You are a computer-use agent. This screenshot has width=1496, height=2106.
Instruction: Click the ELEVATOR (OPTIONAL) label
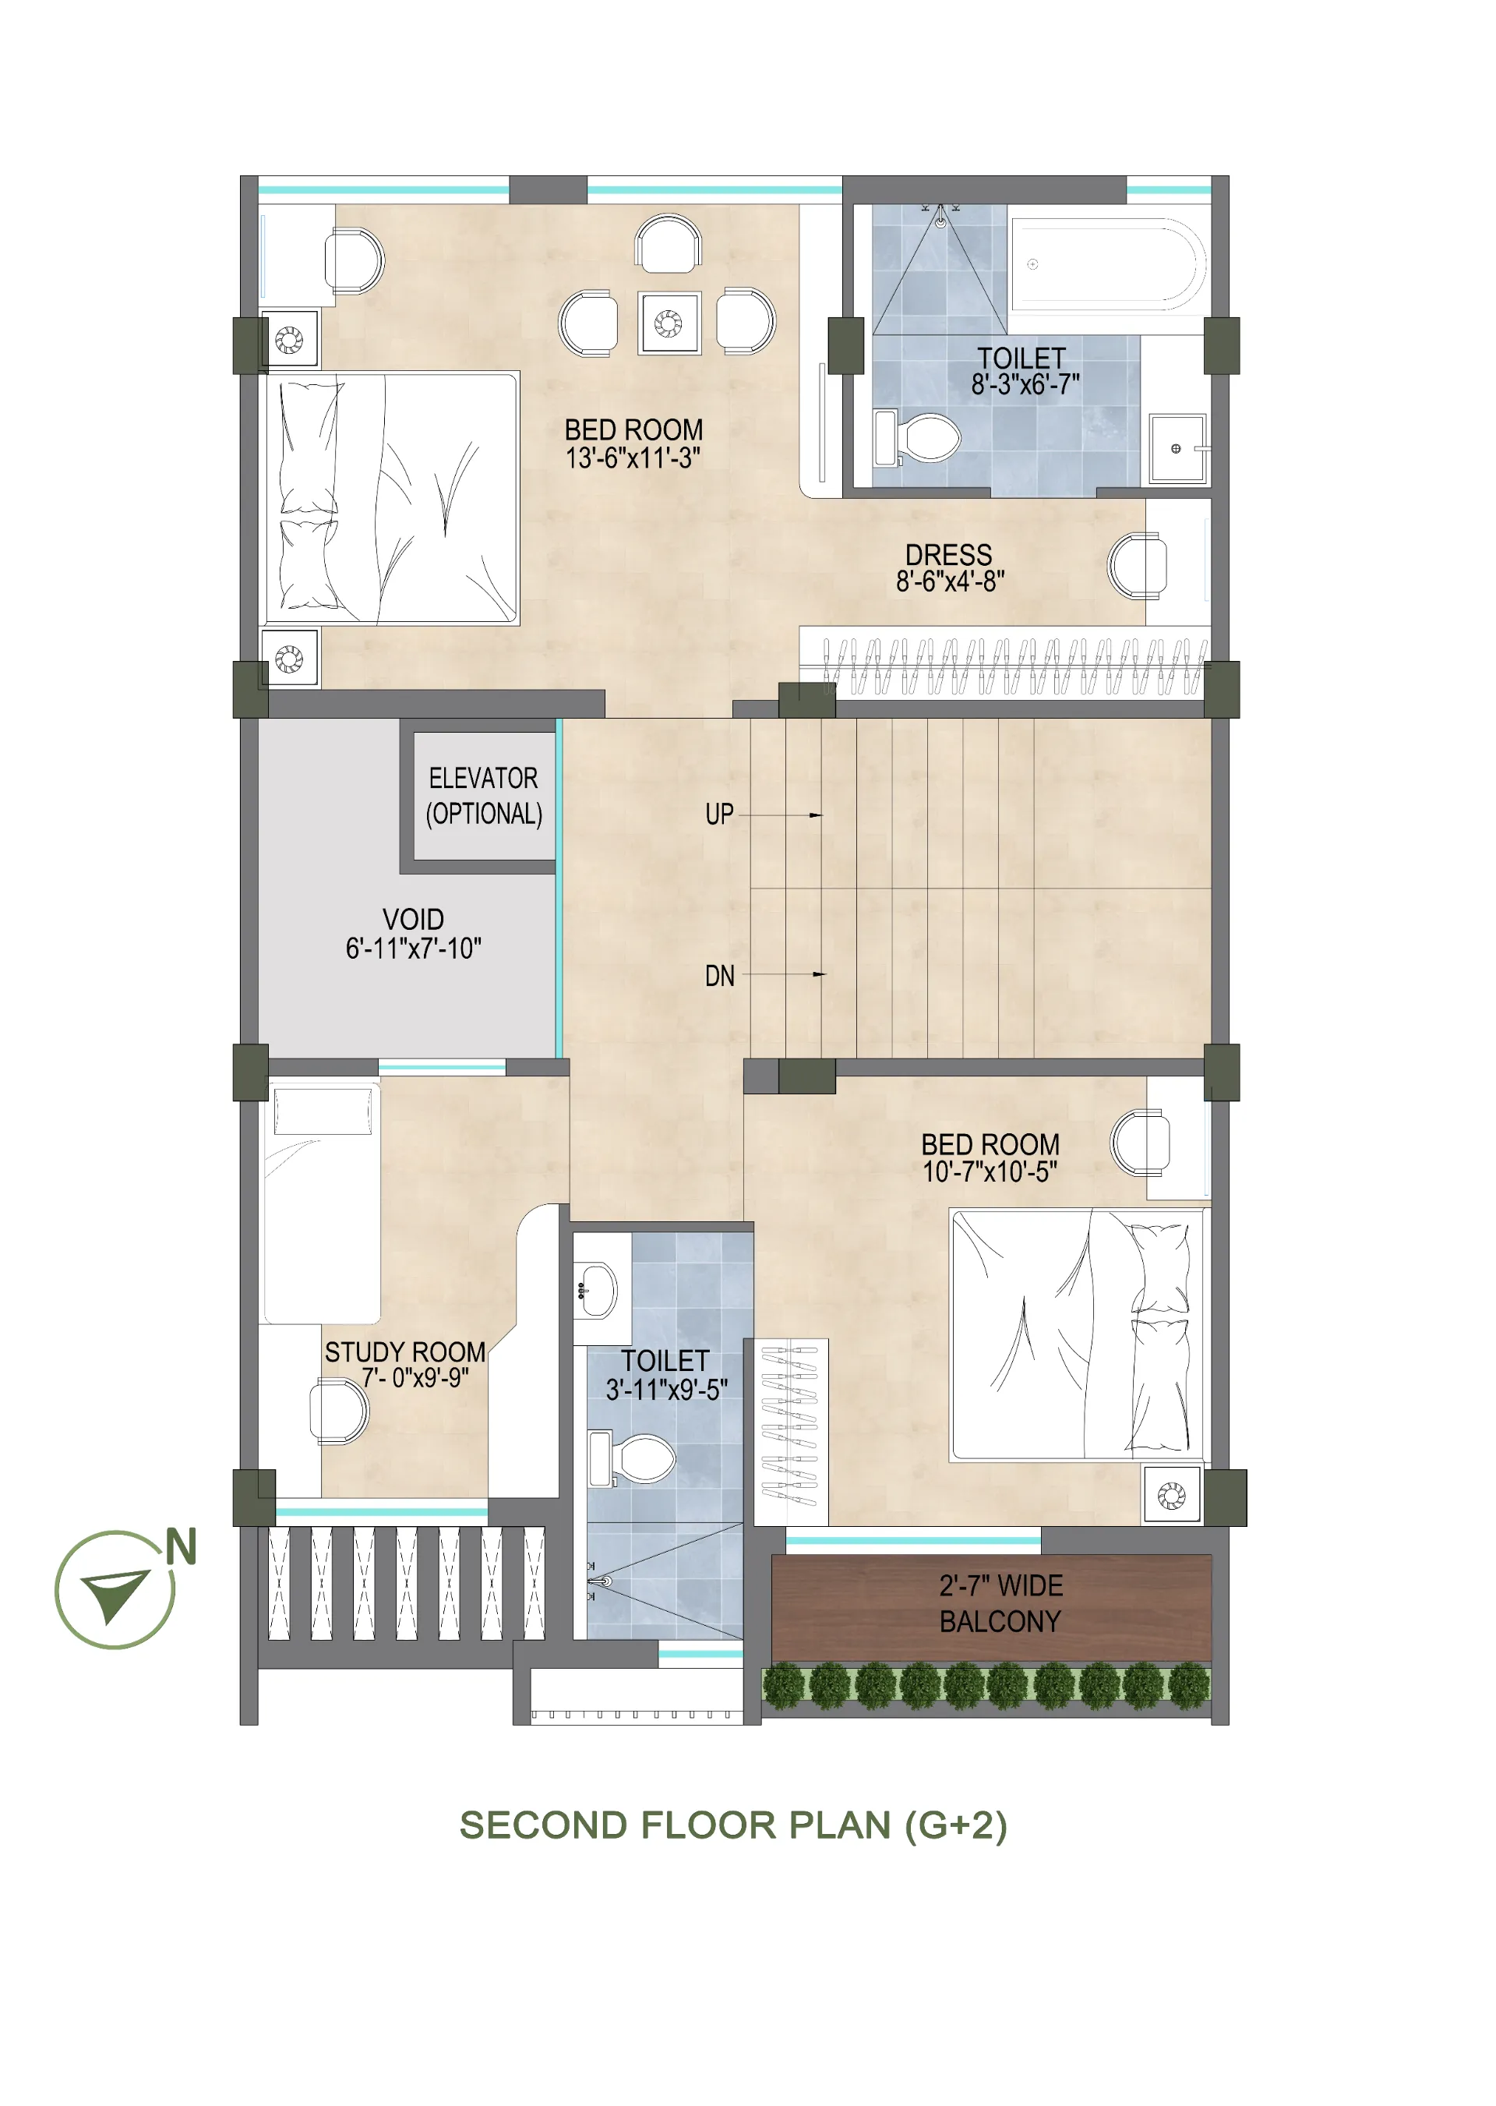484,796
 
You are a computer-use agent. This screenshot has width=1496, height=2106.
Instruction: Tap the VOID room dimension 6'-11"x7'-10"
414,949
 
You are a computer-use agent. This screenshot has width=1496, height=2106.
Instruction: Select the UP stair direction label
719,814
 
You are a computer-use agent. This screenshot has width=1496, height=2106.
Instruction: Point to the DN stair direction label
719,977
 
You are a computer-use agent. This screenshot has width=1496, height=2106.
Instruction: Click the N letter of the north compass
182,1547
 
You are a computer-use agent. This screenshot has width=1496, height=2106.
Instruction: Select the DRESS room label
949,555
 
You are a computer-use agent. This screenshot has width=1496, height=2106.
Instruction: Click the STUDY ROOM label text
405,1352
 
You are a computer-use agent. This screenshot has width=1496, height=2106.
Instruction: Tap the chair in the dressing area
1138,567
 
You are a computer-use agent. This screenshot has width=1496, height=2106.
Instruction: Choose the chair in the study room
339,1412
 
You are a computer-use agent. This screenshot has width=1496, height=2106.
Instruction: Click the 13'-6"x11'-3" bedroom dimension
633,458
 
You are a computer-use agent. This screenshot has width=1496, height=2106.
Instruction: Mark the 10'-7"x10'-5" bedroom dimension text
990,1171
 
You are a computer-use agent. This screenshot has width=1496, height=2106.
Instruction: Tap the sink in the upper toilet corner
1178,449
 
